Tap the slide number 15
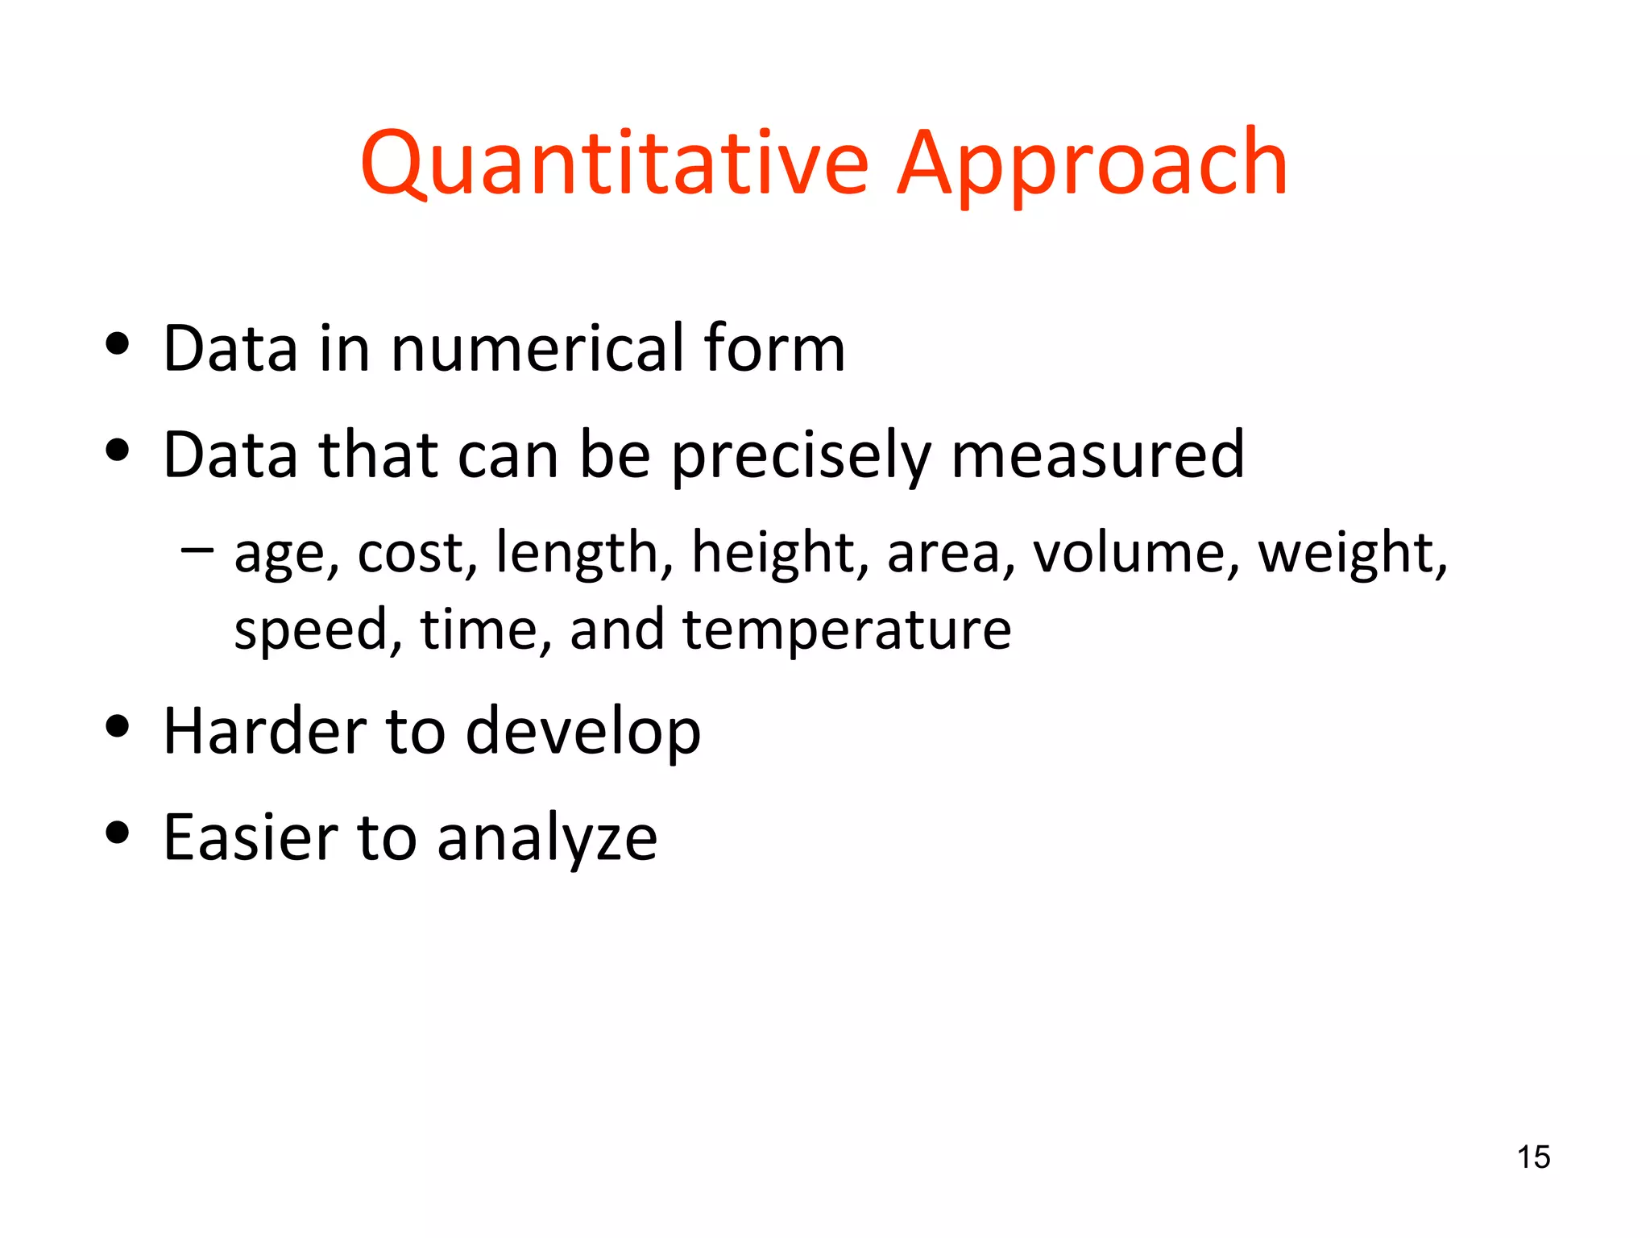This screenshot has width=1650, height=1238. click(x=1533, y=1157)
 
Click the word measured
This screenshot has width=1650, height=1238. click(x=1097, y=455)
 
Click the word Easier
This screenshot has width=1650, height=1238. click(x=251, y=838)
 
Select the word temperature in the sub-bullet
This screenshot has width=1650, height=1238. click(x=847, y=629)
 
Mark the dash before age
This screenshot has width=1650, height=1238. click(x=197, y=550)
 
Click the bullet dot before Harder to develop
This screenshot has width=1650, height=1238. click(x=118, y=725)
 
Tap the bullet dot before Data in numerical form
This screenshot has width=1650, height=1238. click(x=118, y=343)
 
